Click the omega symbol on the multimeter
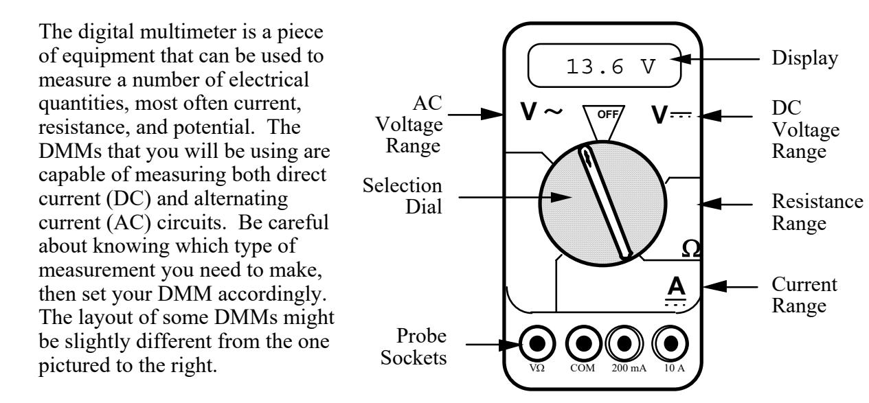click(691, 250)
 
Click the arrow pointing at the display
click(714, 59)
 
